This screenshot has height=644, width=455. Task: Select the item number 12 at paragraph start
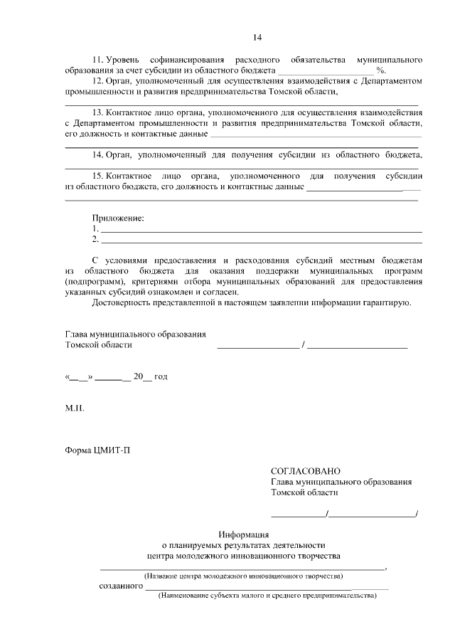(97, 80)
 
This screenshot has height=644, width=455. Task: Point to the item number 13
(97, 112)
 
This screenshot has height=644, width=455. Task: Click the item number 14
(97, 154)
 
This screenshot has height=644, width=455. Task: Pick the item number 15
(97, 176)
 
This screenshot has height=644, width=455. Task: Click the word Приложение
(118, 218)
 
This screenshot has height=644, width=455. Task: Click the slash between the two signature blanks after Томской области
(304, 345)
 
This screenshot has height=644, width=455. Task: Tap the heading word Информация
(243, 534)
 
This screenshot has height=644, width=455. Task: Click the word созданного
(120, 586)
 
